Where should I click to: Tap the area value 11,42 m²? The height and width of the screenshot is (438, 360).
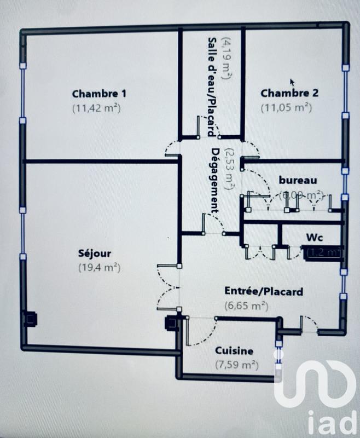(96, 108)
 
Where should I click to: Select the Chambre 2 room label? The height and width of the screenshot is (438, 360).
(289, 93)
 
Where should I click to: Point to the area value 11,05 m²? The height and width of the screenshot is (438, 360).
(286, 108)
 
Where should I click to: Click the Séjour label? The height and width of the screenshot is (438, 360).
(95, 253)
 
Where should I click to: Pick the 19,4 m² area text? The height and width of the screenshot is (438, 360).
(98, 268)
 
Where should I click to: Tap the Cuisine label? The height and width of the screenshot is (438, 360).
(234, 350)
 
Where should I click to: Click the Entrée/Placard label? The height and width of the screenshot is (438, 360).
(263, 291)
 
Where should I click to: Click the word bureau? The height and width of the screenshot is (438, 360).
(298, 180)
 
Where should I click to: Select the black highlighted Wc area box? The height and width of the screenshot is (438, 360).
(324, 252)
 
